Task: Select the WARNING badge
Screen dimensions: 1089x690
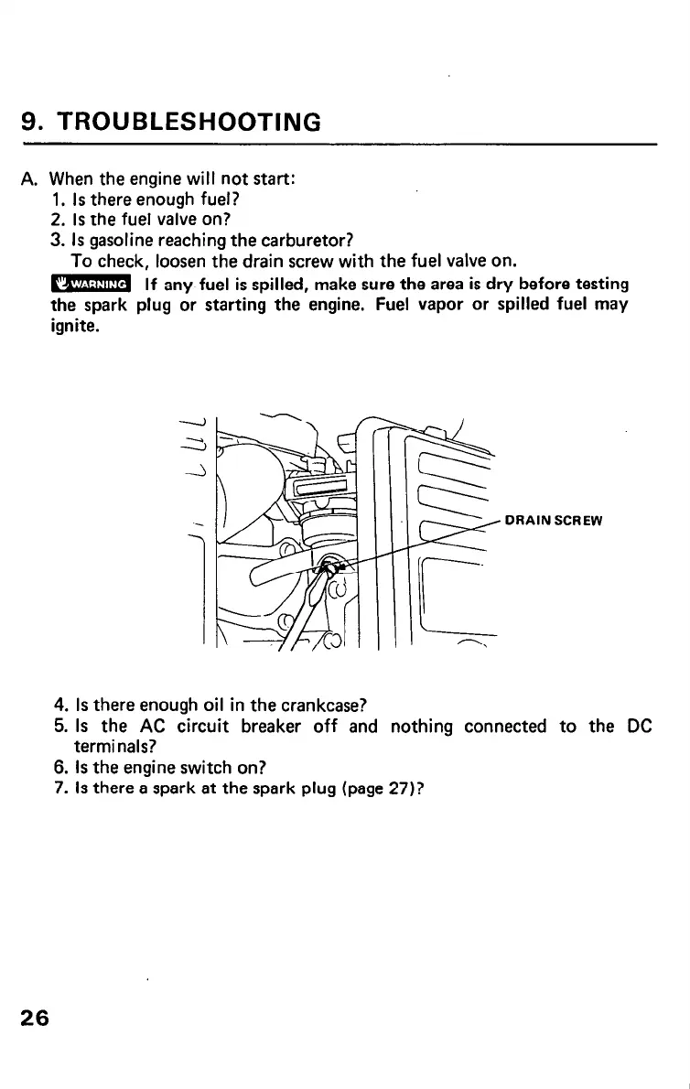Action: point(92,284)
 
